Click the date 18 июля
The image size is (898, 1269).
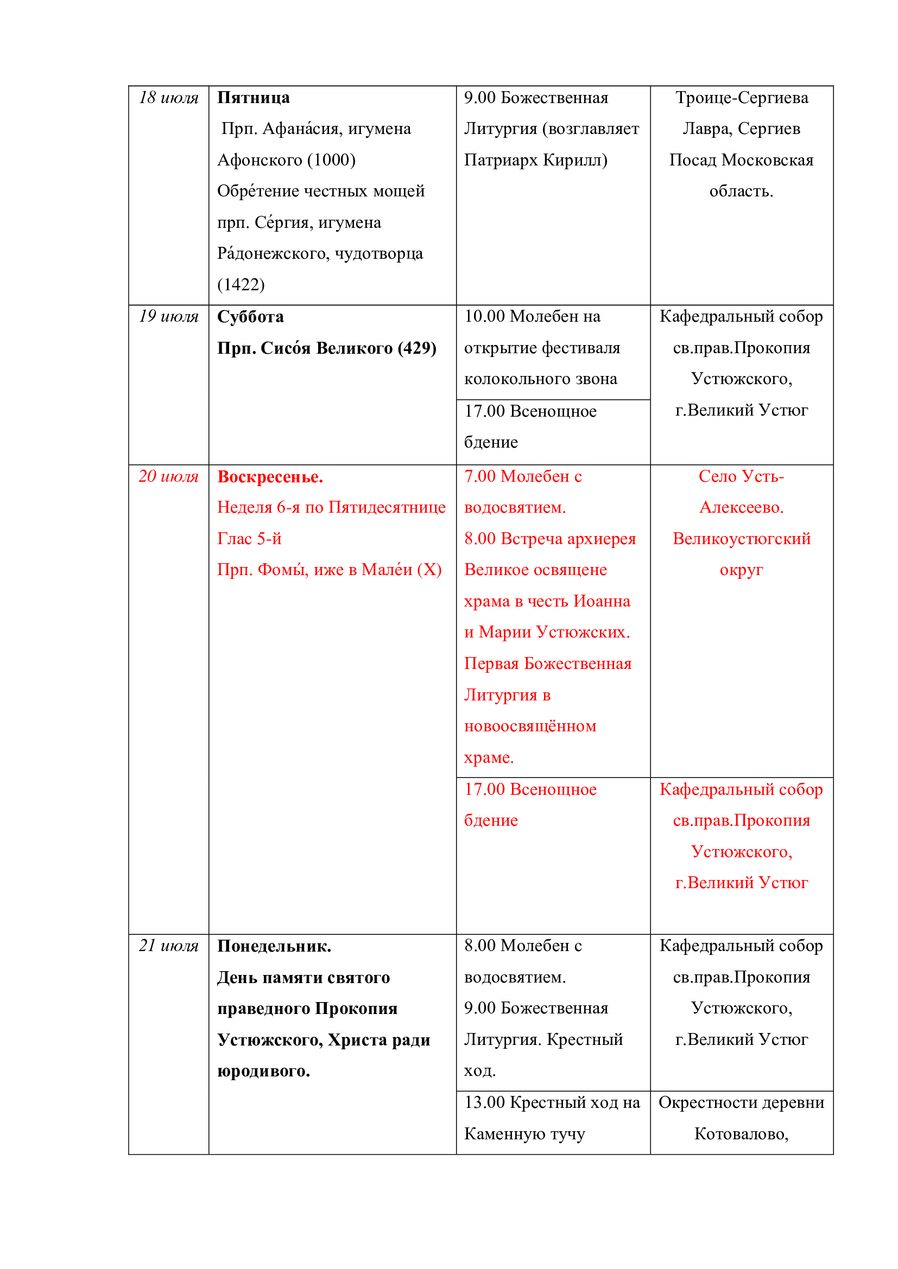point(168,98)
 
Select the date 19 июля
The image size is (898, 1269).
point(168,316)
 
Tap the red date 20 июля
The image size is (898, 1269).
point(168,476)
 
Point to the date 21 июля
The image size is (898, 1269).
point(168,946)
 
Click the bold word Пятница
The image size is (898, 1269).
point(253,98)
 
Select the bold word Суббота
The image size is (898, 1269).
point(250,317)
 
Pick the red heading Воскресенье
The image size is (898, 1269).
point(270,477)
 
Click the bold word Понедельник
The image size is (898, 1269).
point(274,946)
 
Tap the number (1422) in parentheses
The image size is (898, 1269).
point(241,285)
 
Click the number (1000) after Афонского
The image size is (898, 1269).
point(331,160)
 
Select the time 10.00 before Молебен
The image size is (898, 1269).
point(484,316)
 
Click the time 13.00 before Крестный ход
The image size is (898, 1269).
point(484,1102)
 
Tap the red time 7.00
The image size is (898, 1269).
point(479,476)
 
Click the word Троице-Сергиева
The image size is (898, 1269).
point(742,98)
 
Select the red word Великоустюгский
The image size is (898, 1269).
point(742,539)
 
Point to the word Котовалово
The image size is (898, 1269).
point(741,1134)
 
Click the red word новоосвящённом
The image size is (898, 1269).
point(530,726)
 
